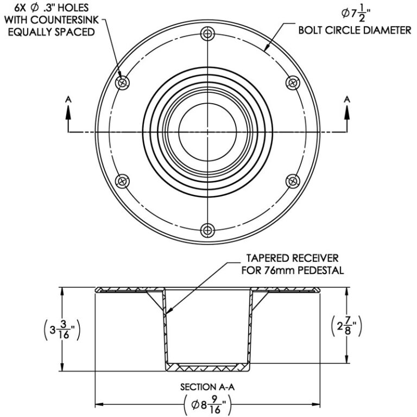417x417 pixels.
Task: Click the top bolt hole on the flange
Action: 207,34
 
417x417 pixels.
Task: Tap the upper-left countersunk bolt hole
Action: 123,83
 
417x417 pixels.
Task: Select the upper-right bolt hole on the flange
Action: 293,83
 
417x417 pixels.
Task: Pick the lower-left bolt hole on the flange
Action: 123,180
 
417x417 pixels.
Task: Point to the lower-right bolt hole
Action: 293,180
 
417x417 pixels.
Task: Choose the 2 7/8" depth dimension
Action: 347,327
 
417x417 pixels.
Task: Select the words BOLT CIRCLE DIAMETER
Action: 355,31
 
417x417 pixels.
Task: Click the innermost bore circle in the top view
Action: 208,131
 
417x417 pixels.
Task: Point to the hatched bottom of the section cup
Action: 207,367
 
